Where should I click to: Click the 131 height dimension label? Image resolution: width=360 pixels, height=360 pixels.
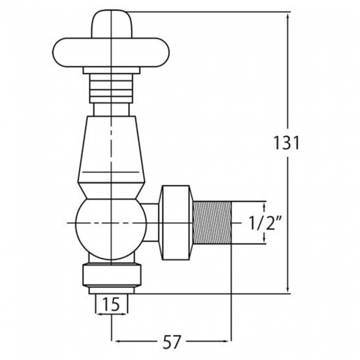287,143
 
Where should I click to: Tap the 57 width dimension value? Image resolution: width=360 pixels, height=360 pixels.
172,342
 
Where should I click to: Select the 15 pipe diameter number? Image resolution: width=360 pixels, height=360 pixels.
111,304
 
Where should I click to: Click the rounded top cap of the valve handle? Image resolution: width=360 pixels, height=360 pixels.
112,24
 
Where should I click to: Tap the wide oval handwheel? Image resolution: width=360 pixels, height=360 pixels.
111,53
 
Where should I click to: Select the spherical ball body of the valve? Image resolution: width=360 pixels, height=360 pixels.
111,229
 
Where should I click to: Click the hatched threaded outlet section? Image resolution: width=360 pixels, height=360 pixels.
212,223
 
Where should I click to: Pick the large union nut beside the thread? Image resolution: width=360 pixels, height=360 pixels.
176,223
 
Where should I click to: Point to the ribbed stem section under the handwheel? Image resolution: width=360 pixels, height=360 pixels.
111,89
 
